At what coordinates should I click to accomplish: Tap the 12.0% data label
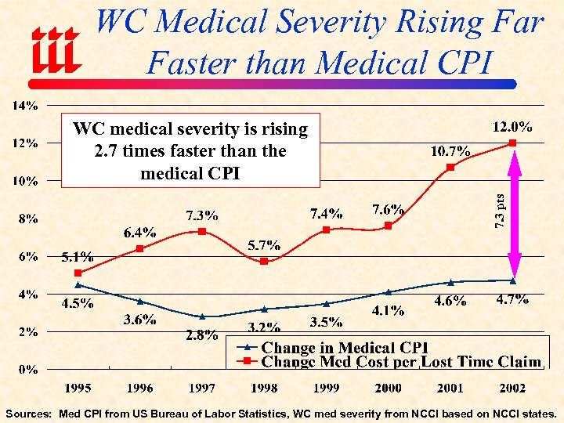coord(513,126)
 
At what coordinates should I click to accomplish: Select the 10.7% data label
coord(450,151)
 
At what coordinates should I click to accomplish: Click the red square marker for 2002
coord(513,143)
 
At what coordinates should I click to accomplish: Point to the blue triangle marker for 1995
coord(78,285)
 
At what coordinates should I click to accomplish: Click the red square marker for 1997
coord(202,231)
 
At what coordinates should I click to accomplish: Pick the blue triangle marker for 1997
coord(202,316)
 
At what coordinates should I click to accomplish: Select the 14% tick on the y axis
coord(29,105)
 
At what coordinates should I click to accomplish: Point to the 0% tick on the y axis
coord(30,368)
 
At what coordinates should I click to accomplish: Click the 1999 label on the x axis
coord(326,387)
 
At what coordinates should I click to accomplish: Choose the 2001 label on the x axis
coord(450,387)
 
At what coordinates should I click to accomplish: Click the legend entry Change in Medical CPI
coord(345,347)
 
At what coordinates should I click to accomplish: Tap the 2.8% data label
coord(201,335)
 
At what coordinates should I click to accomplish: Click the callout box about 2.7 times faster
coord(191,150)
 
